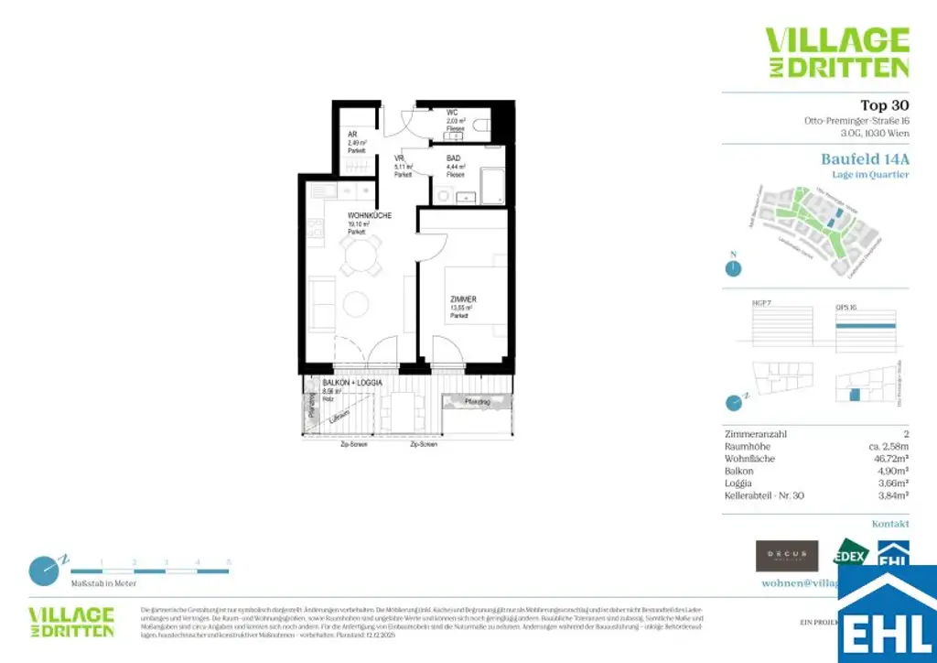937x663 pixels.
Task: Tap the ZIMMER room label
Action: pyautogui.click(x=463, y=299)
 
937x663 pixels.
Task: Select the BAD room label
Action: pyautogui.click(x=454, y=158)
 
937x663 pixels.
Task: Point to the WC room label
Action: pyautogui.click(x=452, y=113)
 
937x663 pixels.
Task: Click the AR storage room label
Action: pyautogui.click(x=353, y=135)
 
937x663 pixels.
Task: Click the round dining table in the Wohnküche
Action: pyautogui.click(x=358, y=257)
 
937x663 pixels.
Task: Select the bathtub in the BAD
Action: pyautogui.click(x=491, y=186)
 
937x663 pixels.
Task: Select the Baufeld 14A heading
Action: pyautogui.click(x=865, y=158)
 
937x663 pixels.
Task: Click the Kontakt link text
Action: pyautogui.click(x=890, y=524)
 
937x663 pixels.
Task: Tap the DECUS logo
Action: pyautogui.click(x=786, y=555)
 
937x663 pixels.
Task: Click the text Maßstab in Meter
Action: pyautogui.click(x=103, y=583)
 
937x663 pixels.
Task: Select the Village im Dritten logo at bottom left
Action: pyautogui.click(x=71, y=622)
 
